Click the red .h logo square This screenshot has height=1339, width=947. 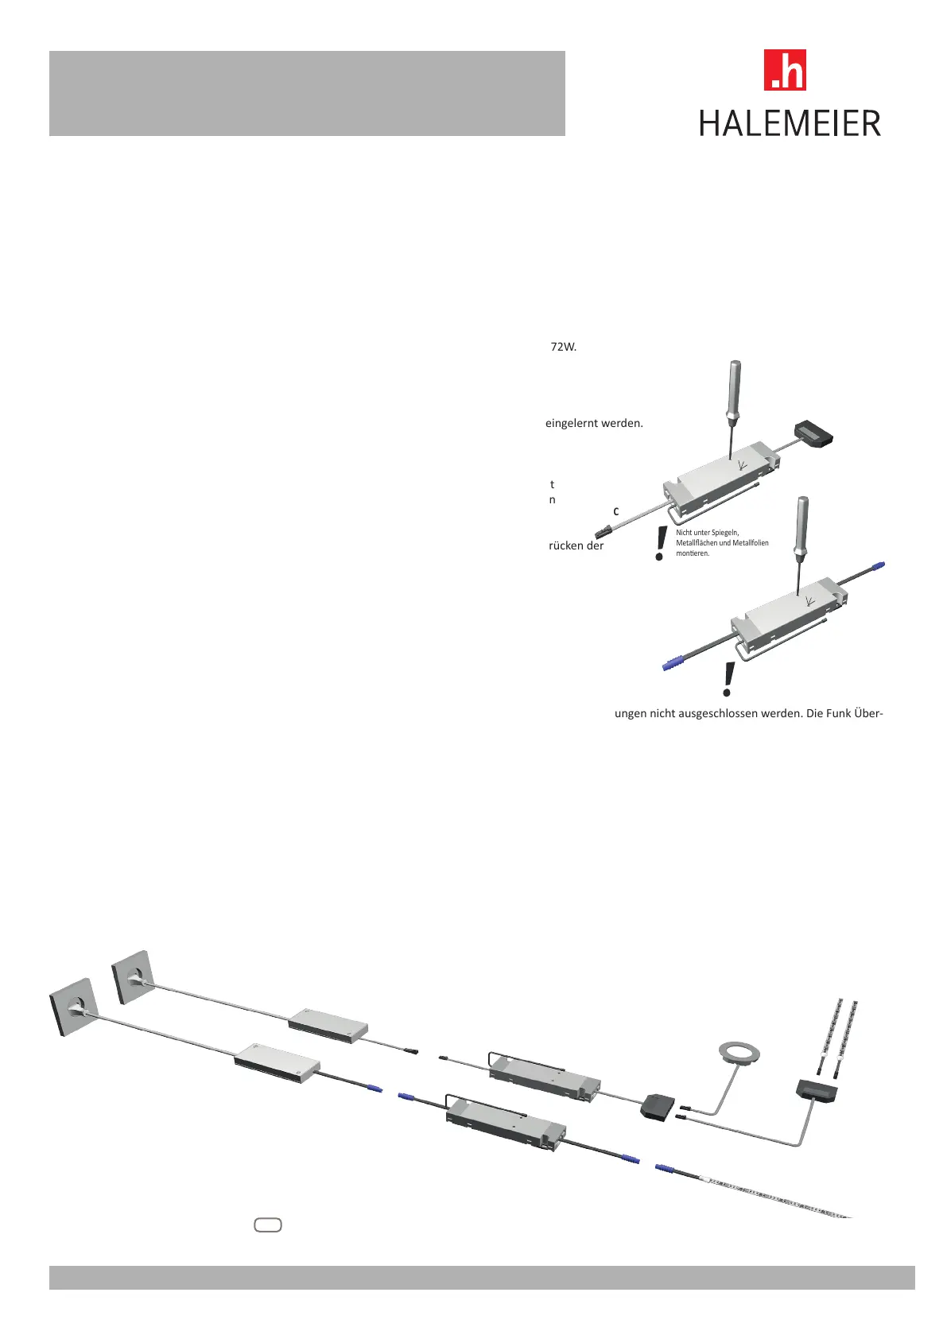(x=784, y=70)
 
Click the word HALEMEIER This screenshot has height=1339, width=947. (x=790, y=124)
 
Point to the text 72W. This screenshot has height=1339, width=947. (x=563, y=347)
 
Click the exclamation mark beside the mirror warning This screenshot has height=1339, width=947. (x=659, y=544)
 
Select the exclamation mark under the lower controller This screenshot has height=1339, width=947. (x=728, y=681)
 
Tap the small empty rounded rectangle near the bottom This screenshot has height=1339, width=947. (x=268, y=1225)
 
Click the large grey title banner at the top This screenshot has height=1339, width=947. (x=307, y=94)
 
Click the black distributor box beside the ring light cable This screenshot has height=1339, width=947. (x=658, y=1105)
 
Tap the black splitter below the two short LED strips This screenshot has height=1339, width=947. (x=817, y=1090)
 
